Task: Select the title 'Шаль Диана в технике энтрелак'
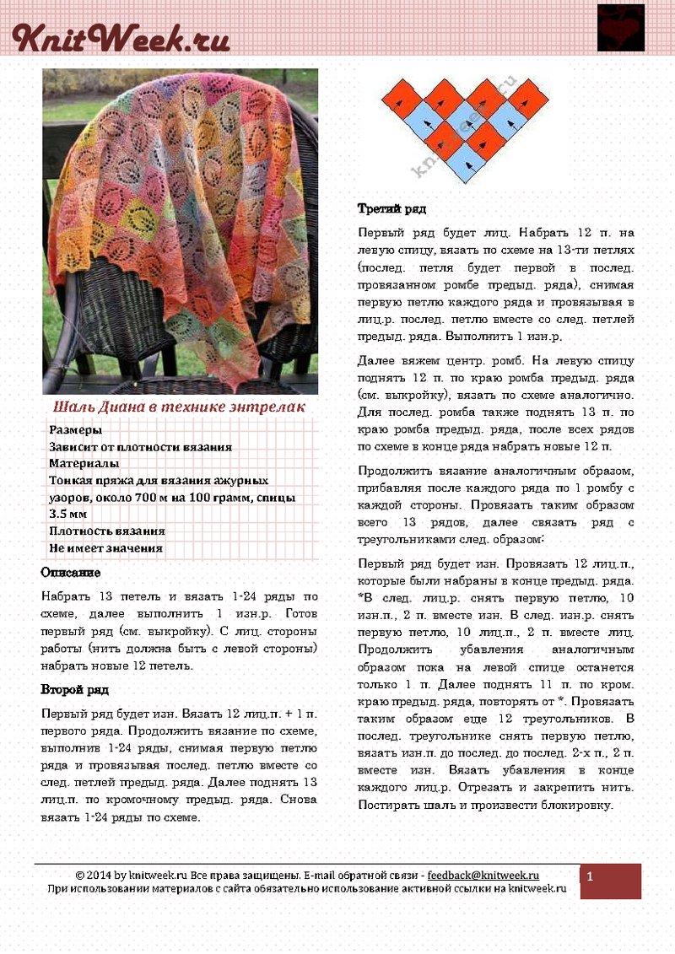click(x=180, y=407)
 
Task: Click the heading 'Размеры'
click(x=75, y=430)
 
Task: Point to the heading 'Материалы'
click(x=84, y=463)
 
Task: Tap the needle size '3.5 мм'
click(x=68, y=514)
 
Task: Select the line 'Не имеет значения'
click(x=105, y=548)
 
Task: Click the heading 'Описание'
click(x=71, y=573)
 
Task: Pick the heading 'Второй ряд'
click(x=74, y=689)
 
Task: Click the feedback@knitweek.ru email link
click(x=483, y=876)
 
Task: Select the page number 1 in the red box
click(x=590, y=877)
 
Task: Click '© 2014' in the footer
click(x=93, y=876)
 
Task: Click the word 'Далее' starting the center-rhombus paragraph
click(x=375, y=360)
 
